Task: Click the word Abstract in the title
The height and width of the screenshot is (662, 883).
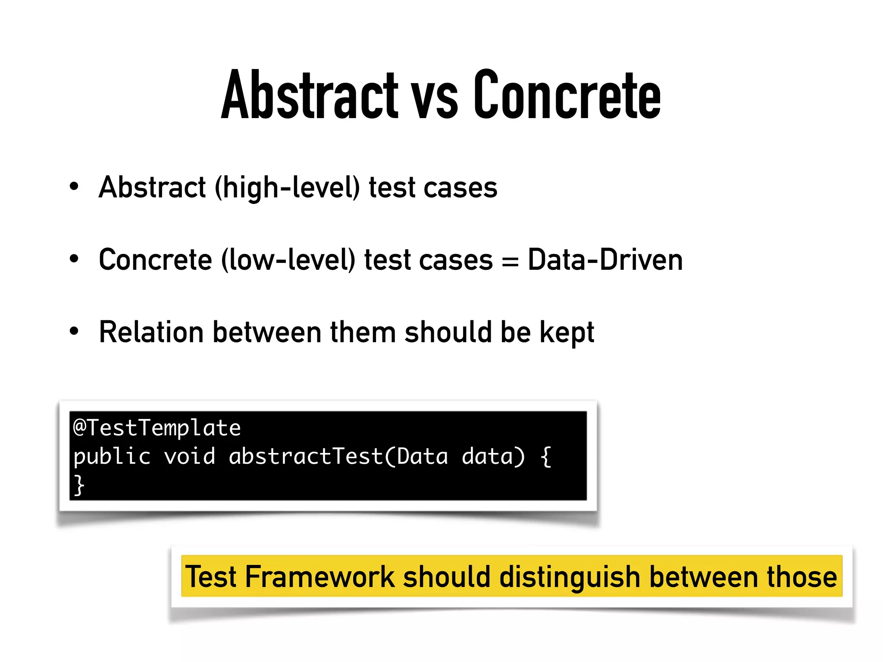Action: click(310, 95)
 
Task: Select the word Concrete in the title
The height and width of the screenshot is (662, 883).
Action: click(567, 95)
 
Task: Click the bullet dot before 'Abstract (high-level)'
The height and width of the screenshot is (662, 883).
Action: click(74, 187)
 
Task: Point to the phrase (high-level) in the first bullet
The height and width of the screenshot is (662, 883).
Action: click(287, 188)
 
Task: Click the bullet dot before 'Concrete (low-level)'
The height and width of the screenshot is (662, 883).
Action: click(74, 259)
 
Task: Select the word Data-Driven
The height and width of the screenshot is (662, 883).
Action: click(605, 259)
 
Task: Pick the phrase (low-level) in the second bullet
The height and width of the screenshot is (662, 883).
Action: click(288, 260)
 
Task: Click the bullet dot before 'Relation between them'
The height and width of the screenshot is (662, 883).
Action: click(74, 331)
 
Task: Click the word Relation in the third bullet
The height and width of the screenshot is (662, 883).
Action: click(151, 332)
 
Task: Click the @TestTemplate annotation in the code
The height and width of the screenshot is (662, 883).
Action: click(157, 428)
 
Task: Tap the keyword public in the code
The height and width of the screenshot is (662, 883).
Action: click(112, 457)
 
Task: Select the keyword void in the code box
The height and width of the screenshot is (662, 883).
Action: click(190, 456)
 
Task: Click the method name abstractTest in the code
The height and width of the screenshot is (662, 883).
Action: click(306, 456)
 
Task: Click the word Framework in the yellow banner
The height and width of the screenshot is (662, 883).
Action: click(319, 577)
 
